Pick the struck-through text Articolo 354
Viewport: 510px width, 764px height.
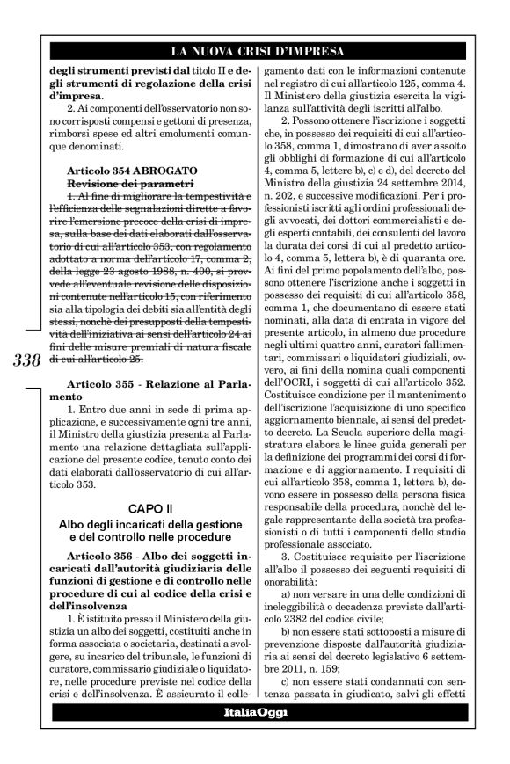click(x=101, y=167)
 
